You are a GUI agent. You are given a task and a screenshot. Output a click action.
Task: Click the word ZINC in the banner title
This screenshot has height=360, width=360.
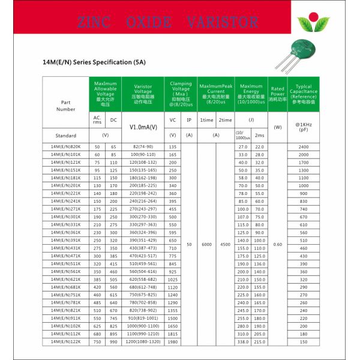(x=95, y=23)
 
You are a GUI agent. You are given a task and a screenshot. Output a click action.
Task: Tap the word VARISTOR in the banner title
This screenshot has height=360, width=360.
(x=222, y=23)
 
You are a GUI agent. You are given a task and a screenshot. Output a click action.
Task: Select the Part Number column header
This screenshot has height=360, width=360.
(x=66, y=105)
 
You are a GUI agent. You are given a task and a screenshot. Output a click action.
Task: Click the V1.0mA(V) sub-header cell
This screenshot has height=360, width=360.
(x=143, y=127)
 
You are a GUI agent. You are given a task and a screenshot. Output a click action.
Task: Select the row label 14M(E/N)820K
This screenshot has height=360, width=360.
(x=66, y=147)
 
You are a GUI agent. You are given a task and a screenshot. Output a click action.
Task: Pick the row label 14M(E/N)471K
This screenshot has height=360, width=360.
(x=66, y=256)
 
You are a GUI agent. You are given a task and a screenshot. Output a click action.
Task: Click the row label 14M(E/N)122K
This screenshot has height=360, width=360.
(x=66, y=341)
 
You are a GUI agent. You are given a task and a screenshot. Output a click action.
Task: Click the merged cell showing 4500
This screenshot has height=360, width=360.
(x=224, y=244)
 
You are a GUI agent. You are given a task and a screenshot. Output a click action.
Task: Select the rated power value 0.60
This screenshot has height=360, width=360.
(x=277, y=244)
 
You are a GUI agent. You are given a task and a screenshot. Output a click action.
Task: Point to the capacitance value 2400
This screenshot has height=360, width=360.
(x=304, y=147)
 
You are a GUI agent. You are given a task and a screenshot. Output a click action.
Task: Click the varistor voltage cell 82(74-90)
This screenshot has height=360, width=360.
(x=143, y=147)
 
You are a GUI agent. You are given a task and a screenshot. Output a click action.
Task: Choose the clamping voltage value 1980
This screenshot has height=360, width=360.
(x=173, y=341)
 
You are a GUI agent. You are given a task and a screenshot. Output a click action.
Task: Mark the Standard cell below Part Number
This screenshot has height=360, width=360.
(x=66, y=136)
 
